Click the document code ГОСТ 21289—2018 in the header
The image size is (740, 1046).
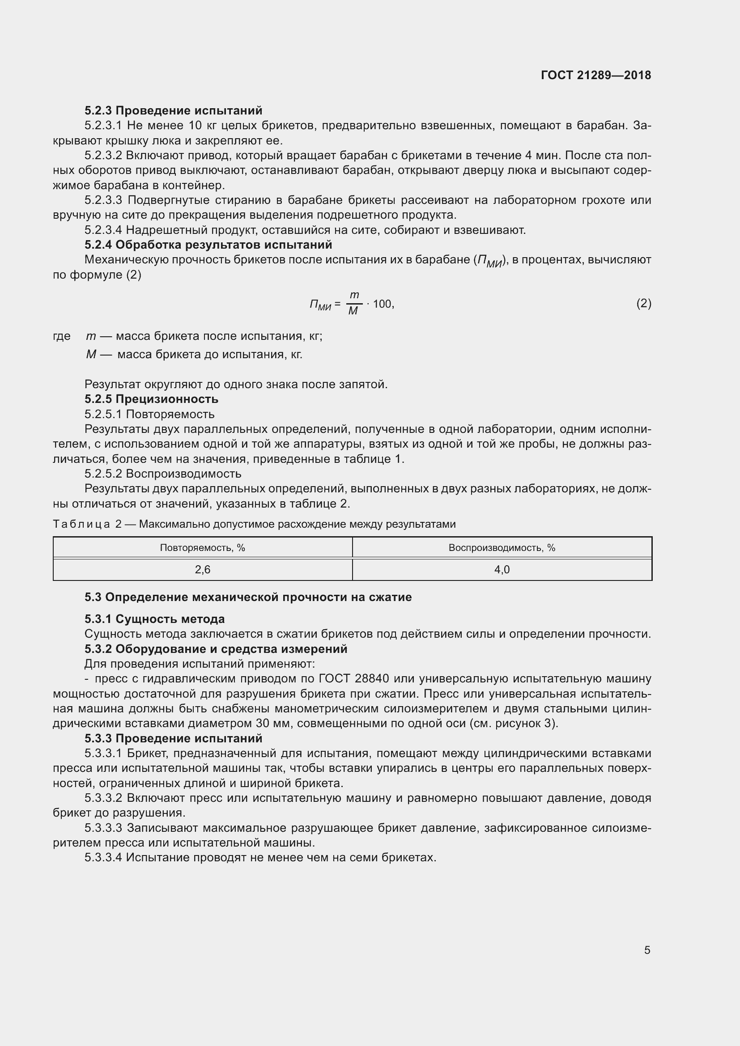[x=595, y=75]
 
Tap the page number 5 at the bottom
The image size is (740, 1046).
[x=647, y=950]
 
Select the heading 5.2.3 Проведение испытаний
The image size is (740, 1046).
[x=173, y=111]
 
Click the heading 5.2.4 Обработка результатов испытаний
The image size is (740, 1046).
[x=208, y=245]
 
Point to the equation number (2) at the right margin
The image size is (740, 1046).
[x=643, y=303]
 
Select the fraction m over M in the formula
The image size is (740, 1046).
[x=353, y=303]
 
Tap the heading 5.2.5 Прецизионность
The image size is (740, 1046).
[x=151, y=399]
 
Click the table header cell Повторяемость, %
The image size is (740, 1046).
[x=202, y=548]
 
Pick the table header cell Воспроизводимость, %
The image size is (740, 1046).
[x=502, y=548]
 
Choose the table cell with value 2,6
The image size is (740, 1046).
[x=202, y=569]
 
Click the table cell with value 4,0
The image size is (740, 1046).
[x=502, y=569]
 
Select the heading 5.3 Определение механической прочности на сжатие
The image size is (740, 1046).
[x=248, y=597]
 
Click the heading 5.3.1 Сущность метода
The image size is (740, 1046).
[x=154, y=619]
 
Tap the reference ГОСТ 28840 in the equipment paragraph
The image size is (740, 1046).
[x=353, y=679]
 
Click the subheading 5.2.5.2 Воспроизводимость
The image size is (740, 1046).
[x=163, y=474]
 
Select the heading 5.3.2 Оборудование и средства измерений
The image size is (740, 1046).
[x=216, y=649]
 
